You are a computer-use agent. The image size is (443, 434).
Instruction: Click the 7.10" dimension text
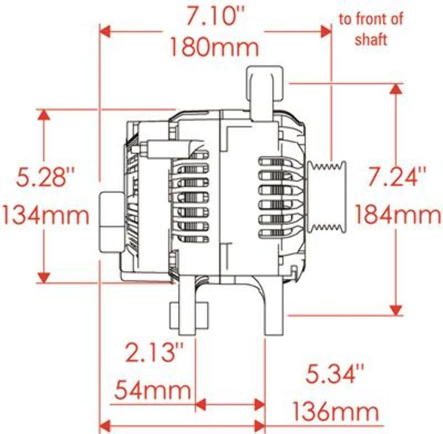pyautogui.click(x=214, y=19)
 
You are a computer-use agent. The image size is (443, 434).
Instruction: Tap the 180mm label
pyautogui.click(x=214, y=46)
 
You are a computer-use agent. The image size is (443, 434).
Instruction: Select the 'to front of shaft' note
pyautogui.click(x=370, y=29)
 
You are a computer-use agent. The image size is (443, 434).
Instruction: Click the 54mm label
pyautogui.click(x=153, y=391)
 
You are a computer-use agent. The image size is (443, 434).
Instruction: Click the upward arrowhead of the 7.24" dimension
pyautogui.click(x=396, y=90)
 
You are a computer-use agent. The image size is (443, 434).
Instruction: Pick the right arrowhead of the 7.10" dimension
pyautogui.click(x=324, y=31)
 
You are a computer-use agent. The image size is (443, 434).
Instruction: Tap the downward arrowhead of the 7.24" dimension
pyautogui.click(x=396, y=308)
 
